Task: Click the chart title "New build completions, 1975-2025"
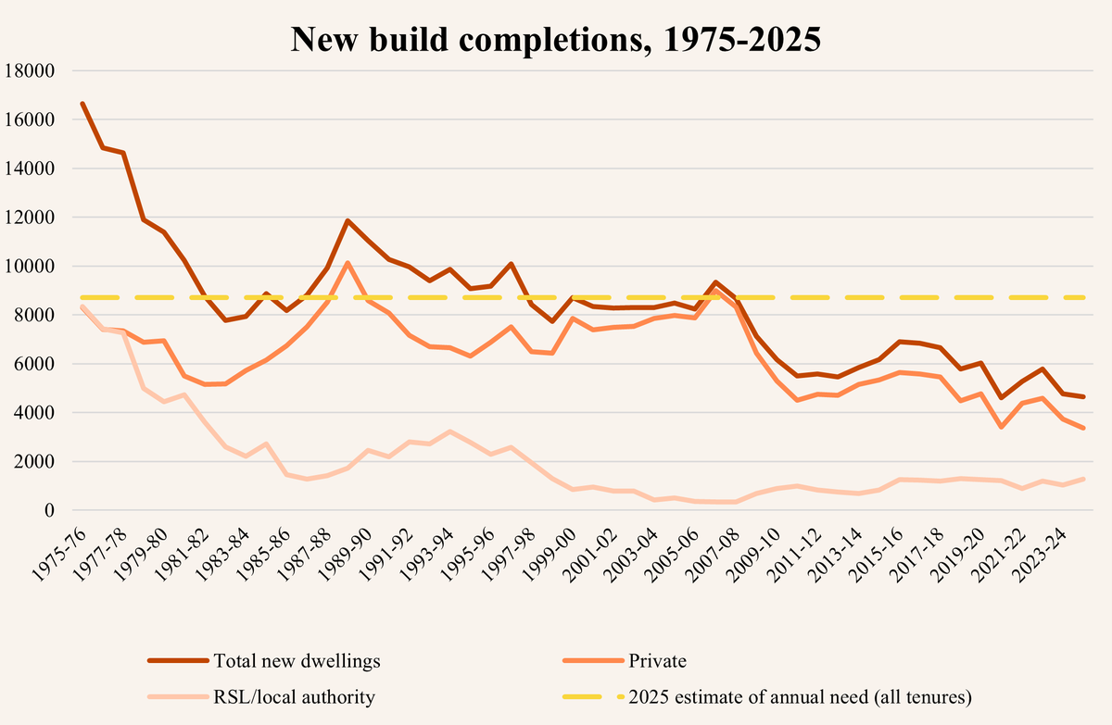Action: (x=556, y=40)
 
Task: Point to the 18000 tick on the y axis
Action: (x=31, y=71)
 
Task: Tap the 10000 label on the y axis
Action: (x=31, y=267)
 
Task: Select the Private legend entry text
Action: (x=657, y=661)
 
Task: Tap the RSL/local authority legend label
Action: (x=294, y=697)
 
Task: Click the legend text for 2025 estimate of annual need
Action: (x=791, y=697)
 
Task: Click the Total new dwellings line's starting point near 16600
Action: (x=83, y=104)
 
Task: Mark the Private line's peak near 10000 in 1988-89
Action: (x=347, y=263)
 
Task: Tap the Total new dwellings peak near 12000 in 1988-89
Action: (x=347, y=220)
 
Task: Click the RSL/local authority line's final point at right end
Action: (x=1083, y=479)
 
